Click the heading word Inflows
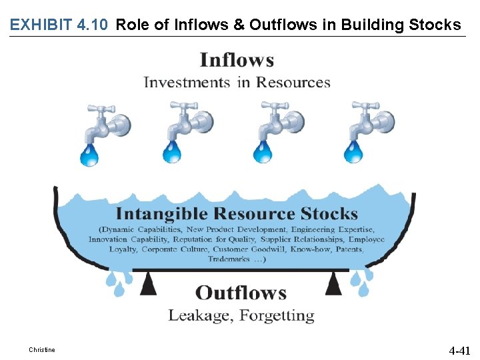pyautogui.click(x=237, y=61)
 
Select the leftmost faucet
pyautogui.click(x=107, y=121)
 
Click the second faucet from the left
pyautogui.click(x=190, y=121)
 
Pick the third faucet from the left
pyautogui.click(x=281, y=121)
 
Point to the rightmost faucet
pyautogui.click(x=371, y=121)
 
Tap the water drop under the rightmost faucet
pyautogui.click(x=353, y=153)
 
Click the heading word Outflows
pyautogui.click(x=241, y=293)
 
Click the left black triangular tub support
pyautogui.click(x=148, y=285)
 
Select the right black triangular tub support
pyautogui.click(x=333, y=285)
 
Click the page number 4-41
pyautogui.click(x=459, y=350)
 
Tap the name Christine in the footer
pyautogui.click(x=42, y=350)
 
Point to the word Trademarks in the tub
pyautogui.click(x=229, y=259)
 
